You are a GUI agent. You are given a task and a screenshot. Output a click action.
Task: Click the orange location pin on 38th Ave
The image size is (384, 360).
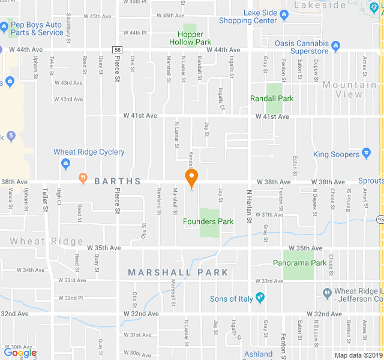[x=191, y=178]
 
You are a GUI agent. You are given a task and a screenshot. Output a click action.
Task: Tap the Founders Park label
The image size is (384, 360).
[x=208, y=221]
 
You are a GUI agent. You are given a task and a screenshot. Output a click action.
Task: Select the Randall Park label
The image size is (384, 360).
[x=272, y=98]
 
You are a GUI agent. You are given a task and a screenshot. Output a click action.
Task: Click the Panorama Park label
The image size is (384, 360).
[x=299, y=263]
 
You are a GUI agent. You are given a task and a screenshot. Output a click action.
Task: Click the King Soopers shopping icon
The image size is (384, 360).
[x=367, y=154]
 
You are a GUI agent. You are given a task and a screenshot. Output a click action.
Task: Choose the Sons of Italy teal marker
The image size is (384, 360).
[x=260, y=298]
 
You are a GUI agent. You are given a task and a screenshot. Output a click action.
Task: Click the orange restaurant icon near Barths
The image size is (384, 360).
[x=83, y=178]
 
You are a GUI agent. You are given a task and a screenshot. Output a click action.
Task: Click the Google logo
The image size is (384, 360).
[x=20, y=353]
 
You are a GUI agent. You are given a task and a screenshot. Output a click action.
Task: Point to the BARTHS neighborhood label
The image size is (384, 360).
[x=117, y=181]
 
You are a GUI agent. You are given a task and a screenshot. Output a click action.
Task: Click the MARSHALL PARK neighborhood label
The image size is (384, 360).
[x=178, y=272]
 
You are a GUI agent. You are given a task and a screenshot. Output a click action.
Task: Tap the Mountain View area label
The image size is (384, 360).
[x=351, y=89]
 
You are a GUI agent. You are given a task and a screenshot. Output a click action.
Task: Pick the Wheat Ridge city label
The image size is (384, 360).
[x=46, y=242]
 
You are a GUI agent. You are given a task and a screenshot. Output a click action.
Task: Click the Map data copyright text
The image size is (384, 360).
[x=358, y=355]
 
